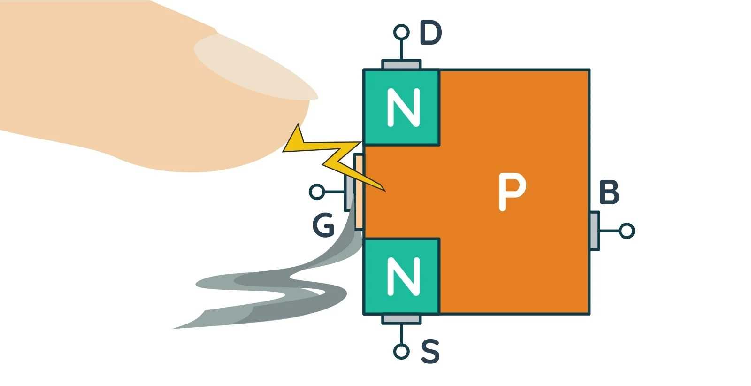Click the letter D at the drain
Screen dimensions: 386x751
(x=430, y=33)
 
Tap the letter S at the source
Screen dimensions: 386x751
(x=430, y=351)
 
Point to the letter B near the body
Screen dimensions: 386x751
(x=609, y=193)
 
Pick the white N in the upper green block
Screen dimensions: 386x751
(x=403, y=108)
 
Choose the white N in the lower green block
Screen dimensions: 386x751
(x=403, y=276)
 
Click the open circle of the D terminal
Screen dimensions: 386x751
(x=401, y=32)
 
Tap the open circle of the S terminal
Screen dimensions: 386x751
(x=401, y=351)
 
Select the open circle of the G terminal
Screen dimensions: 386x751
(x=317, y=192)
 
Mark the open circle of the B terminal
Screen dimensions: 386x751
(x=627, y=231)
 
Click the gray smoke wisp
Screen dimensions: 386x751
(x=263, y=291)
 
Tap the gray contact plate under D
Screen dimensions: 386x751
(x=401, y=64)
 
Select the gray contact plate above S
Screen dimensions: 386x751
(x=401, y=319)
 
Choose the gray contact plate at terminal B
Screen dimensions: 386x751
(x=594, y=231)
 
